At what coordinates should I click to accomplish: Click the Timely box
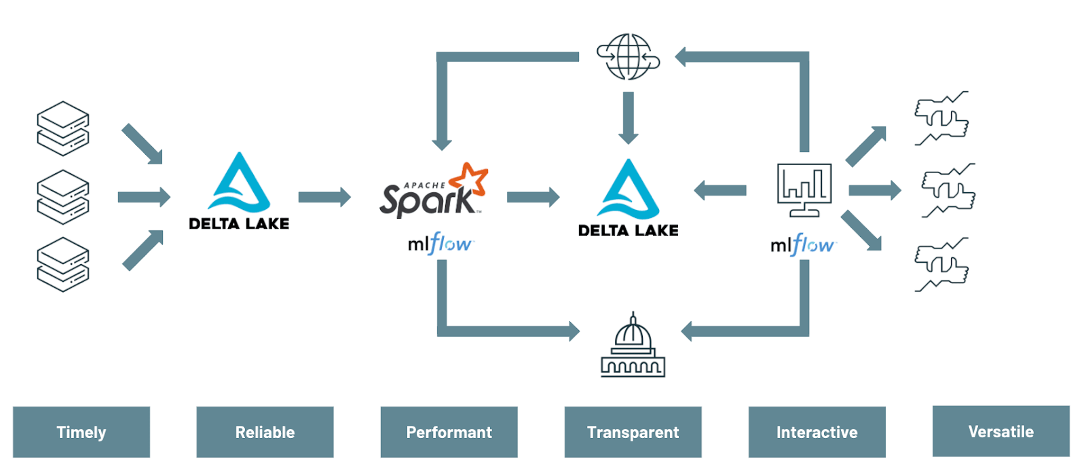[x=81, y=432]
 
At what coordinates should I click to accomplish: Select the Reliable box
[x=265, y=432]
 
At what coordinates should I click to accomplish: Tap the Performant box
[x=449, y=432]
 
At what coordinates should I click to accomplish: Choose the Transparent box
[x=633, y=432]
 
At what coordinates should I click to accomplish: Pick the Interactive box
[x=817, y=432]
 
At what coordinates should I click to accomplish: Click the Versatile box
[x=1000, y=431]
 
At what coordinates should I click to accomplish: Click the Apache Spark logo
[x=434, y=192]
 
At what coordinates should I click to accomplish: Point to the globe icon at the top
[x=628, y=56]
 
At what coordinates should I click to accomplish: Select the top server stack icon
[x=62, y=128]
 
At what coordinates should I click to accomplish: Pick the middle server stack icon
[x=62, y=197]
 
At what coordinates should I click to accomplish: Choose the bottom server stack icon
[x=62, y=265]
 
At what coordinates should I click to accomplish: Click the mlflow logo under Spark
[x=440, y=244]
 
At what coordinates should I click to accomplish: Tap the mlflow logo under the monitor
[x=802, y=244]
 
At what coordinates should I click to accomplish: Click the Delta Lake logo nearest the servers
[x=239, y=192]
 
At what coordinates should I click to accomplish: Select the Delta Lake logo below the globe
[x=628, y=199]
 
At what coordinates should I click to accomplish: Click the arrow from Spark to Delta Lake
[x=533, y=197]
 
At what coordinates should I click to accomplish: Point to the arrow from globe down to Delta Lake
[x=629, y=117]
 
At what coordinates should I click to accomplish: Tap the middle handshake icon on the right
[x=948, y=190]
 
